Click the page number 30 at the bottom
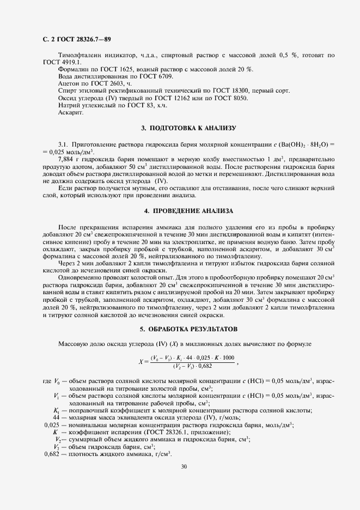(184, 466)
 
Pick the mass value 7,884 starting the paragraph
(66, 158)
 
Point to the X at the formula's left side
(141, 361)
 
